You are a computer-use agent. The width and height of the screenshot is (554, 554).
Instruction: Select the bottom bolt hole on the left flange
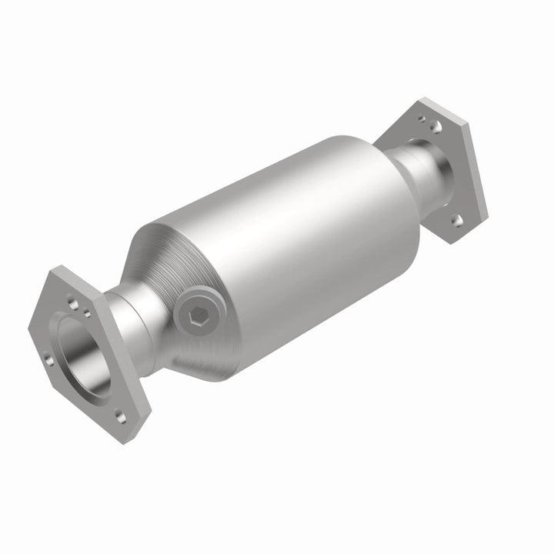coord(121,416)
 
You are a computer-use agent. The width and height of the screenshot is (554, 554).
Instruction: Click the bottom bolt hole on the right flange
coord(456,221)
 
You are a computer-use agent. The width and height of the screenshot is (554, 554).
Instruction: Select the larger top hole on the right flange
coord(436,125)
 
